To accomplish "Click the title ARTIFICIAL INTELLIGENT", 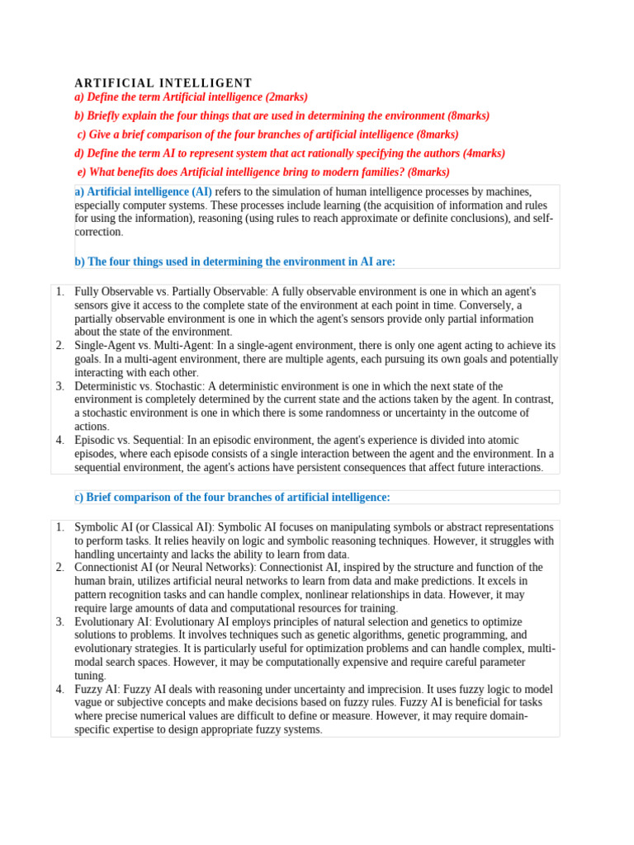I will tap(163, 83).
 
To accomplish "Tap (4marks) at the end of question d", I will tap(481, 153).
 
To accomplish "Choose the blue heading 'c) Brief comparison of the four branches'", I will tap(232, 497).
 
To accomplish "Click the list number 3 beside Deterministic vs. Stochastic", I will tap(60, 386).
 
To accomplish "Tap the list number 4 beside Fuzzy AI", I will tap(60, 690).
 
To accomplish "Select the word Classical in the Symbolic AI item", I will tap(163, 527).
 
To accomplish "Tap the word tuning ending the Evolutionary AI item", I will tap(90, 676).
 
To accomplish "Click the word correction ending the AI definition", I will tap(97, 233).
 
